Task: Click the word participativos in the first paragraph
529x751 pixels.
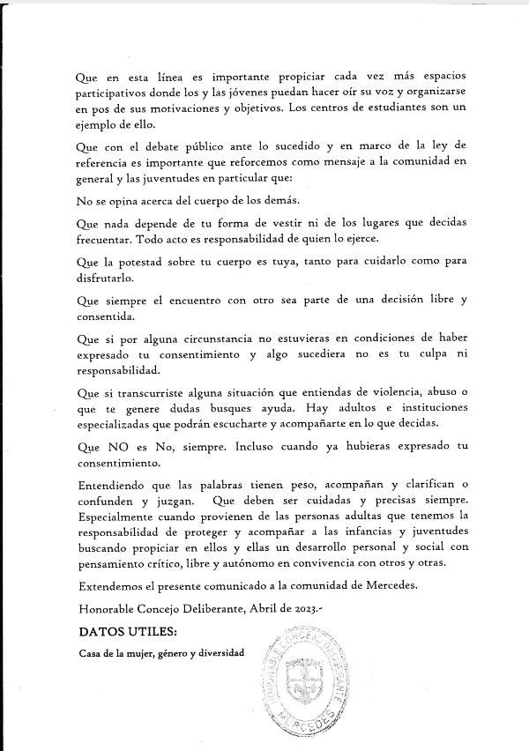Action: click(113, 93)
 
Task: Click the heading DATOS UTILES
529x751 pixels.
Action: click(128, 631)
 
